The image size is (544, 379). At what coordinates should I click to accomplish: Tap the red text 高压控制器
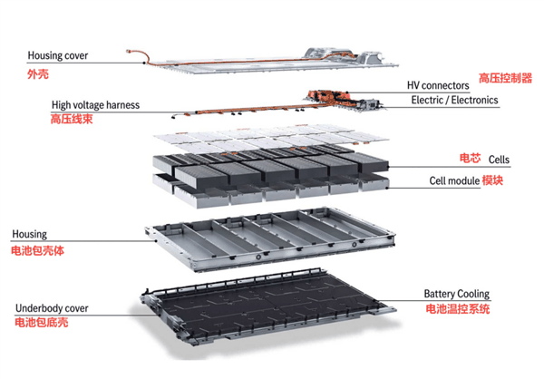point(505,78)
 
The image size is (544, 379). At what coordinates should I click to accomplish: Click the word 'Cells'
point(499,160)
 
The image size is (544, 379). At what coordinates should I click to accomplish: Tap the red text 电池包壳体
point(38,248)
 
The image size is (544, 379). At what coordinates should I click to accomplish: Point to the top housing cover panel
point(272,61)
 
